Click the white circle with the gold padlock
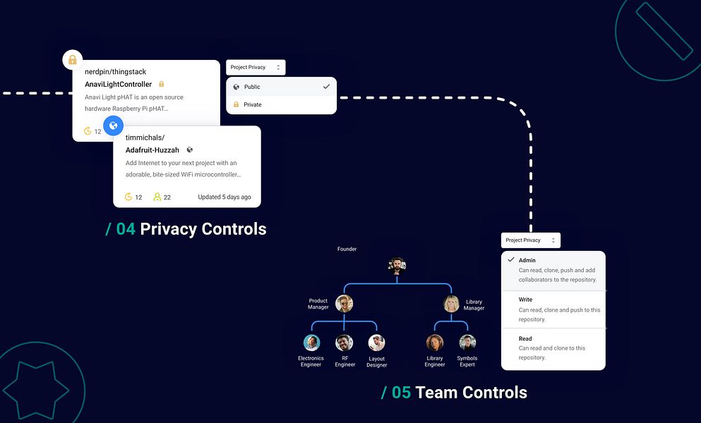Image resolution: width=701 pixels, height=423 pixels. point(73,59)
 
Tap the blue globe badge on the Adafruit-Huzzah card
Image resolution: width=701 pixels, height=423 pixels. point(113,125)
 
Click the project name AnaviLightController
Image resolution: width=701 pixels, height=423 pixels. point(119,84)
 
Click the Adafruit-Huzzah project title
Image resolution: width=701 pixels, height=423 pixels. point(152,150)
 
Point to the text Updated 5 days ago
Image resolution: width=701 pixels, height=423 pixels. point(224,197)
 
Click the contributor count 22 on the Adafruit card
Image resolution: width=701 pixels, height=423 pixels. point(167,197)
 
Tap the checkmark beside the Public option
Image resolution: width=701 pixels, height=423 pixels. point(326,87)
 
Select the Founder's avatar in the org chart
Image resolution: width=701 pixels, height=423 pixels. point(397,266)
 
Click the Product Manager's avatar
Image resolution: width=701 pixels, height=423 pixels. point(344,304)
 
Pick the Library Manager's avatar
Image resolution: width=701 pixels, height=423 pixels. point(451,304)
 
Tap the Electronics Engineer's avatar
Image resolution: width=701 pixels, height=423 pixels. point(311,343)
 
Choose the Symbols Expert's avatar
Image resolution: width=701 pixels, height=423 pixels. point(467,343)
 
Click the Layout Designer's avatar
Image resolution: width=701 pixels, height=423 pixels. point(376,343)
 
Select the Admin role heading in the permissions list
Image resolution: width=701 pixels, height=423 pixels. point(527,260)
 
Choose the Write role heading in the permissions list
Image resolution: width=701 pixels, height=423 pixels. point(525,300)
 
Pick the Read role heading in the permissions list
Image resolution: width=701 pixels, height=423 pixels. point(525,338)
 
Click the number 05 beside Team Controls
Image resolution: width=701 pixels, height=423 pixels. point(401,393)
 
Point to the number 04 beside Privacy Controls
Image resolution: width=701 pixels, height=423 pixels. point(126,229)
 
